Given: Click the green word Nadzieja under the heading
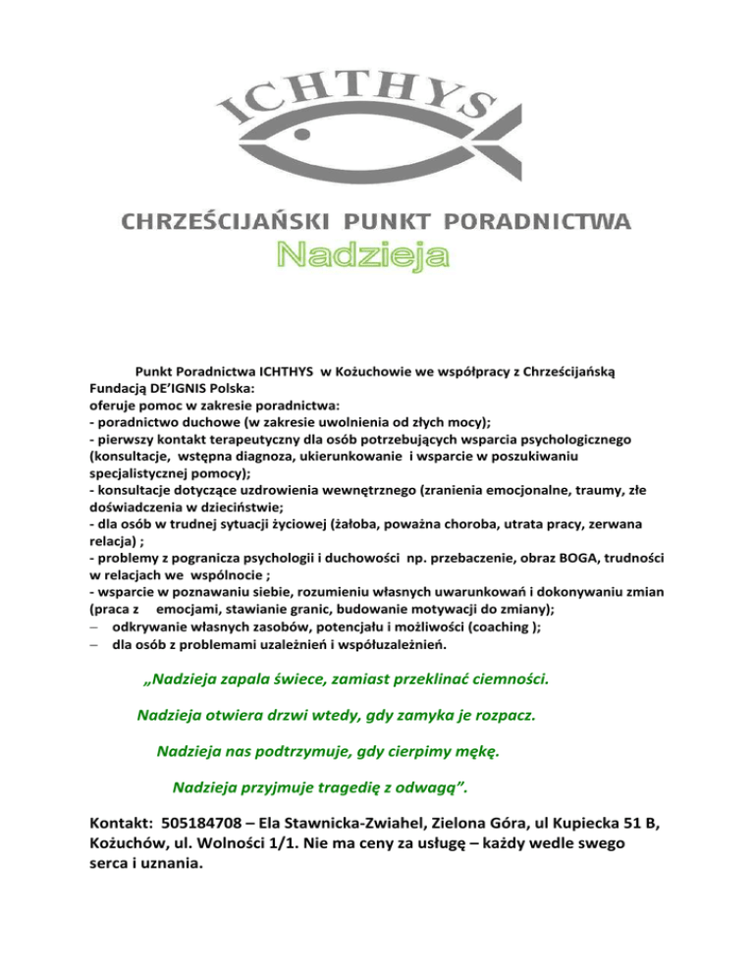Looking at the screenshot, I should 362,255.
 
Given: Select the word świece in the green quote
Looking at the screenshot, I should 334,678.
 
